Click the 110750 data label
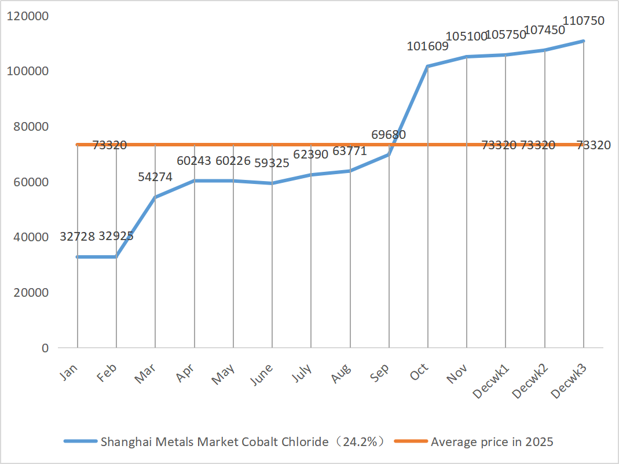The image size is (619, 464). tap(583, 21)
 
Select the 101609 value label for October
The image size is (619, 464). tap(427, 47)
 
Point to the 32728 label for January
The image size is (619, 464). tap(77, 237)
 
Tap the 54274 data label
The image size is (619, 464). tap(155, 178)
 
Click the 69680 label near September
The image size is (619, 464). tap(388, 135)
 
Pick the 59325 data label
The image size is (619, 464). tap(272, 163)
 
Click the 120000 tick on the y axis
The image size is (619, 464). tap(27, 16)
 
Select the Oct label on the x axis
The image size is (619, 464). tap(419, 373)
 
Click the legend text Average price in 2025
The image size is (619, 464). tap(492, 442)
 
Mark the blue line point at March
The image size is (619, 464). tap(155, 197)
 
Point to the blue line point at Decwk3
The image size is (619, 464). tap(583, 41)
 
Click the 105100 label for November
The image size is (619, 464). tap(467, 37)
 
